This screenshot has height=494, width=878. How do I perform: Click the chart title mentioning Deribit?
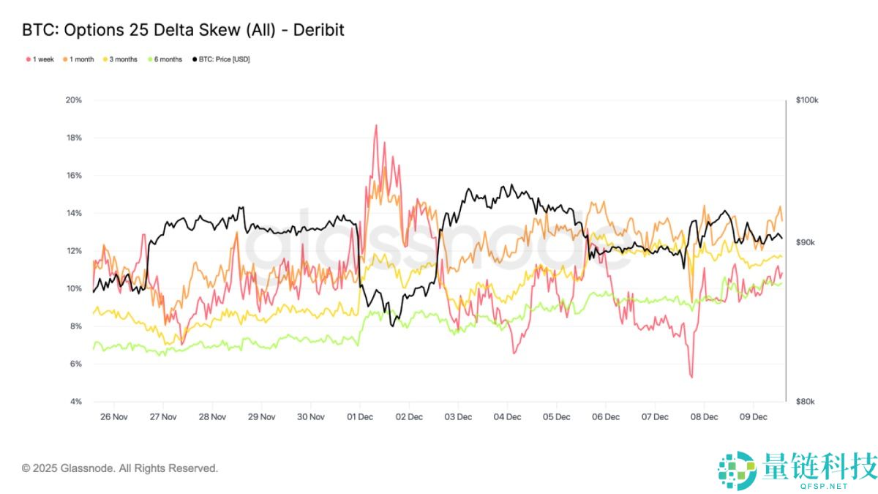(x=183, y=30)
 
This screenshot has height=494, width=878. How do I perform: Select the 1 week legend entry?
(x=40, y=59)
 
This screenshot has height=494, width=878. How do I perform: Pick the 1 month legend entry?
(x=81, y=59)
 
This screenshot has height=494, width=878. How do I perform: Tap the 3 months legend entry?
(x=123, y=59)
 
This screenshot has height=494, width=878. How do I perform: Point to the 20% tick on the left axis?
(x=73, y=100)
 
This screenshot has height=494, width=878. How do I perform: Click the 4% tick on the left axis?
(x=75, y=402)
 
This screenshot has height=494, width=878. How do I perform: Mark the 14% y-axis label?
(x=73, y=213)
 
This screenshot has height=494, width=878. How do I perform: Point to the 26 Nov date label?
(x=113, y=417)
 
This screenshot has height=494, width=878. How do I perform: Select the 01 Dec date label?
(x=359, y=417)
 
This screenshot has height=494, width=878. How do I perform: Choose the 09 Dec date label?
(x=753, y=417)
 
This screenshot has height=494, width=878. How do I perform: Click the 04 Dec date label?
(x=507, y=417)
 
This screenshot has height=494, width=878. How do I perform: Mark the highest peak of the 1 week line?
(x=376, y=125)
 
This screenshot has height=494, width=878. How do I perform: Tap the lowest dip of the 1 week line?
(x=691, y=377)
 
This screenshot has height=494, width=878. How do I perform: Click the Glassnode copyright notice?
(x=120, y=468)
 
